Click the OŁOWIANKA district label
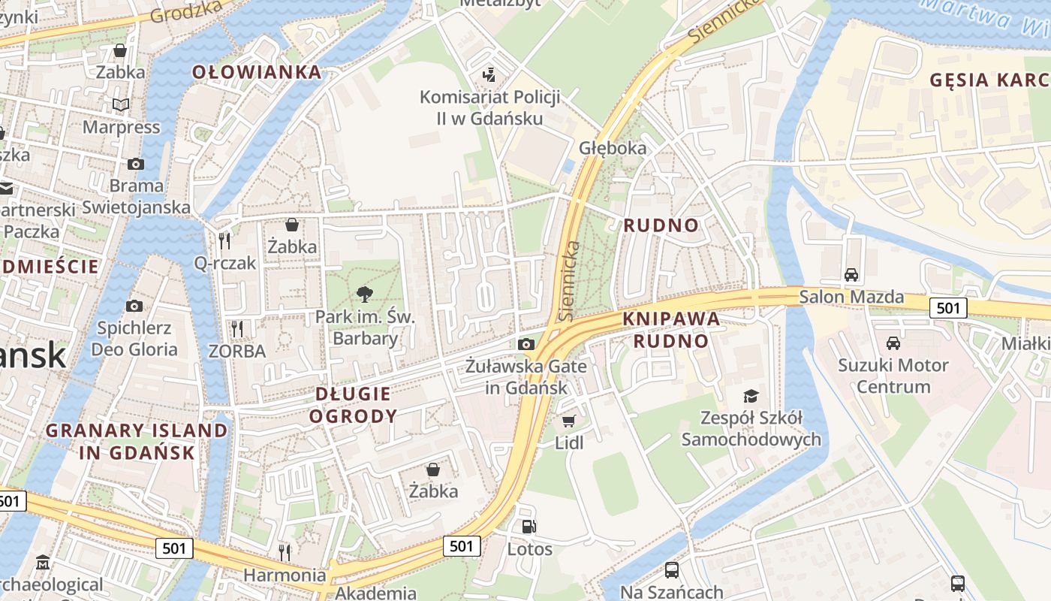257,72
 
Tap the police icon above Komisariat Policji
489,74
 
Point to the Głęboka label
613,148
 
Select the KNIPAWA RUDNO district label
670,330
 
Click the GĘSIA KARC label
988,80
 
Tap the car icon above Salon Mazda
851,274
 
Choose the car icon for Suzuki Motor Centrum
893,343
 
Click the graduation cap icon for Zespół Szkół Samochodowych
751,395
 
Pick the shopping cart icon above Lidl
569,421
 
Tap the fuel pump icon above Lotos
529,527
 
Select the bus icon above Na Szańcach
672,569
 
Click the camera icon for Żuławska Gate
526,344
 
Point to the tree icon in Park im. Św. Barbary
365,293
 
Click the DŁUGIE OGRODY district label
353,404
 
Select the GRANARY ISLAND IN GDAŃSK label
137,441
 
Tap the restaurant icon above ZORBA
237,328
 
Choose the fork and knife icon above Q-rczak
224,240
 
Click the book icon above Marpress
121,104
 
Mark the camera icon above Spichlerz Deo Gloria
134,306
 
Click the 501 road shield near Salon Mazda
948,307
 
